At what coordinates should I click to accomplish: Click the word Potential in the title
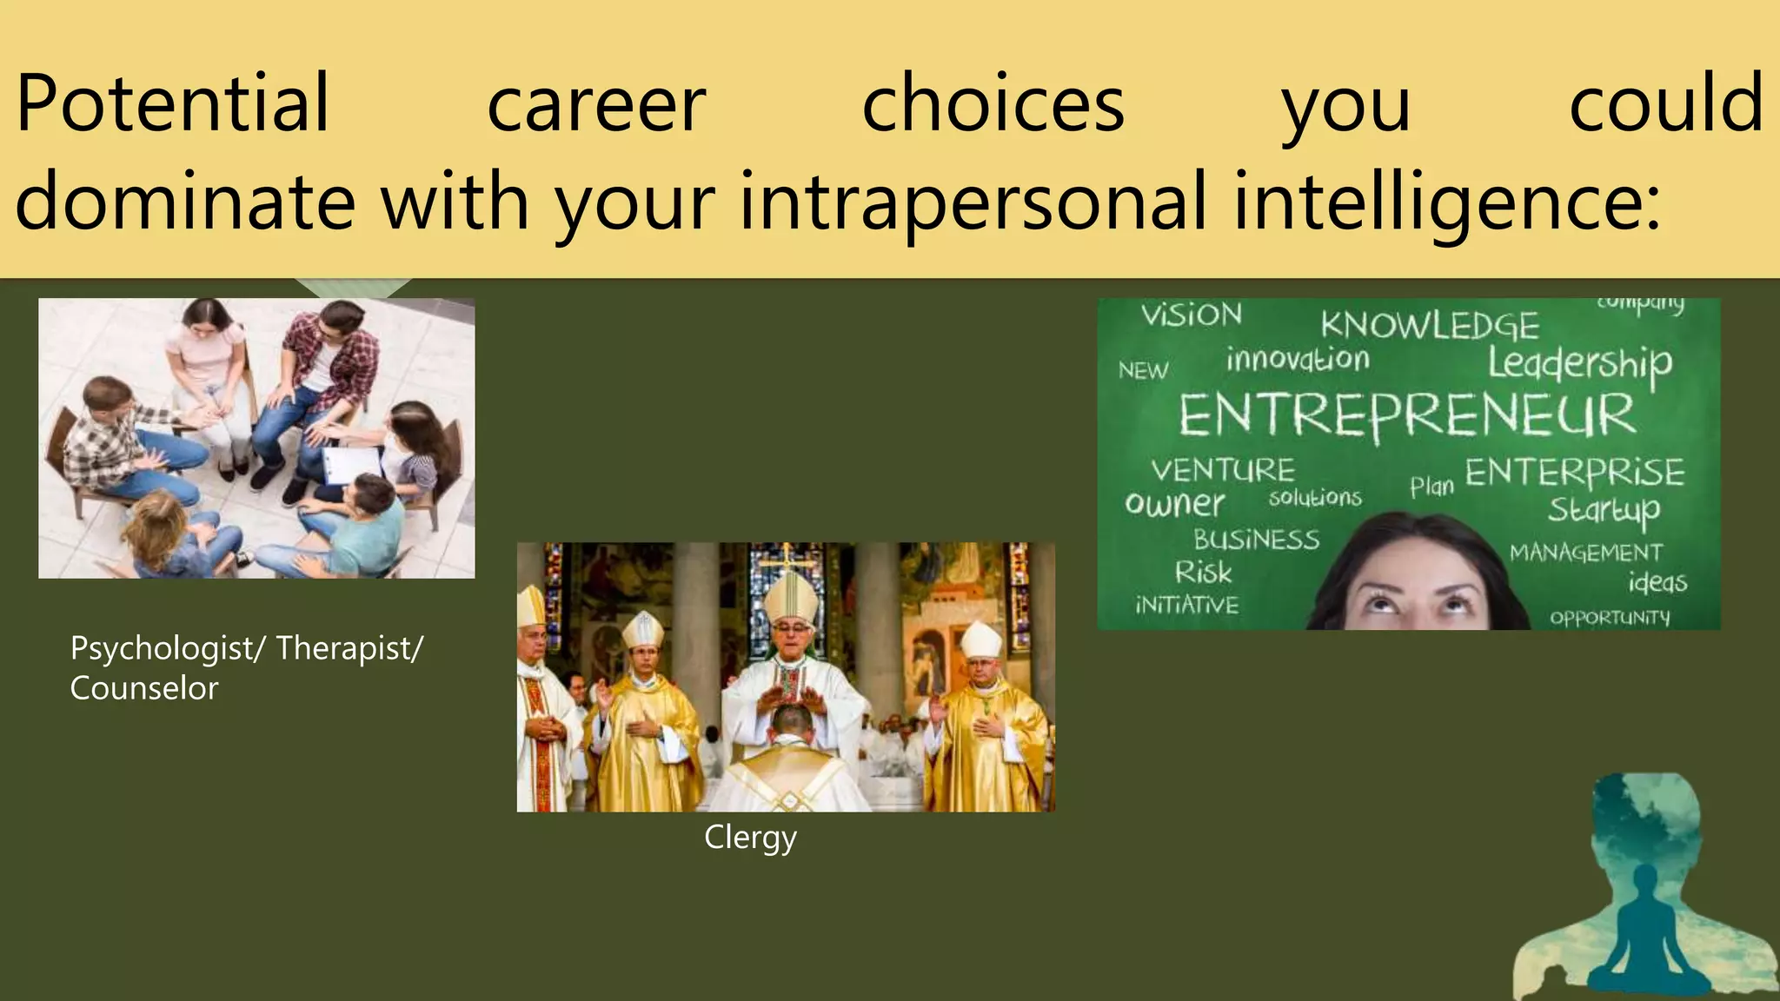point(172,104)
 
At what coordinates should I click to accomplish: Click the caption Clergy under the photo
point(750,838)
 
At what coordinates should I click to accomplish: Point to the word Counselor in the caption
point(144,689)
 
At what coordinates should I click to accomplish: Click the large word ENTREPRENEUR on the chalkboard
point(1406,415)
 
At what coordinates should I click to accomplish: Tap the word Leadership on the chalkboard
point(1579,363)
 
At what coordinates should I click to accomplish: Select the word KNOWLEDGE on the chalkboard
point(1430,326)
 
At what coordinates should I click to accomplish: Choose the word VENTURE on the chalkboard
point(1223,471)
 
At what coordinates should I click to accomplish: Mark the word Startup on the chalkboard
point(1604,510)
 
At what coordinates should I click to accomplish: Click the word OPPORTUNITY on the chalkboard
point(1610,618)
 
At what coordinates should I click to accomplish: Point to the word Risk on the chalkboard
point(1203,573)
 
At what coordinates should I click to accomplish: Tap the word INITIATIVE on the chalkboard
point(1186,605)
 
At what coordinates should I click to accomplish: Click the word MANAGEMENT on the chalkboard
point(1585,553)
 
